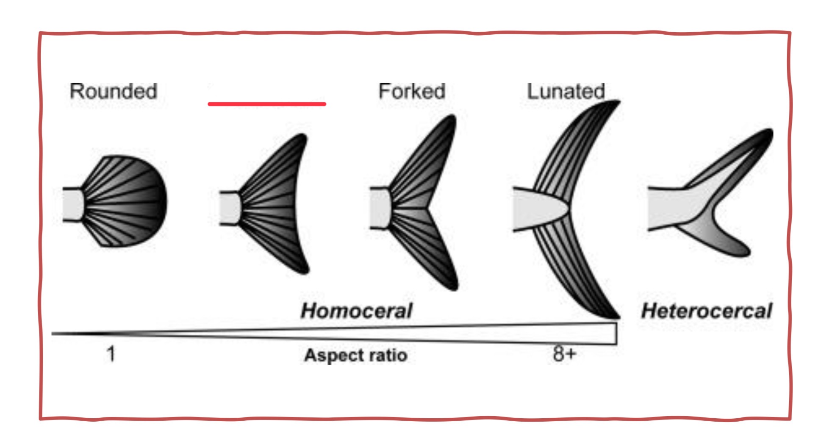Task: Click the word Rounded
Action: coord(113,92)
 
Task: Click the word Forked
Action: coord(411,92)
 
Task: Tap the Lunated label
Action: coord(566,92)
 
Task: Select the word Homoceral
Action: coord(356,311)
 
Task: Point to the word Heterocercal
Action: coord(707,311)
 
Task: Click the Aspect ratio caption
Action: coord(355,355)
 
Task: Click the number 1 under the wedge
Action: coord(111,353)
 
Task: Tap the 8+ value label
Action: coord(564,353)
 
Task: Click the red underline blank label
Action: coord(267,104)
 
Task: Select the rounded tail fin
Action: coord(127,201)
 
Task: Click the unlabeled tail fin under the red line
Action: coord(275,203)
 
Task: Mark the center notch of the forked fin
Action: coord(428,209)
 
